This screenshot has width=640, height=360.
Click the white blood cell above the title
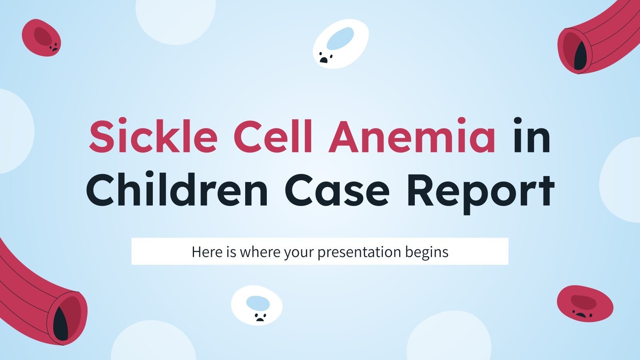tap(340, 44)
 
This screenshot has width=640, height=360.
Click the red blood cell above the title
tap(41, 38)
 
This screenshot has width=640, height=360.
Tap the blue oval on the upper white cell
tap(340, 38)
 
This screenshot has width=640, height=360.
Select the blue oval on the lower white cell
tap(258, 303)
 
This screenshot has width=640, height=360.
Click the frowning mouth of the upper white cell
tap(323, 60)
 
